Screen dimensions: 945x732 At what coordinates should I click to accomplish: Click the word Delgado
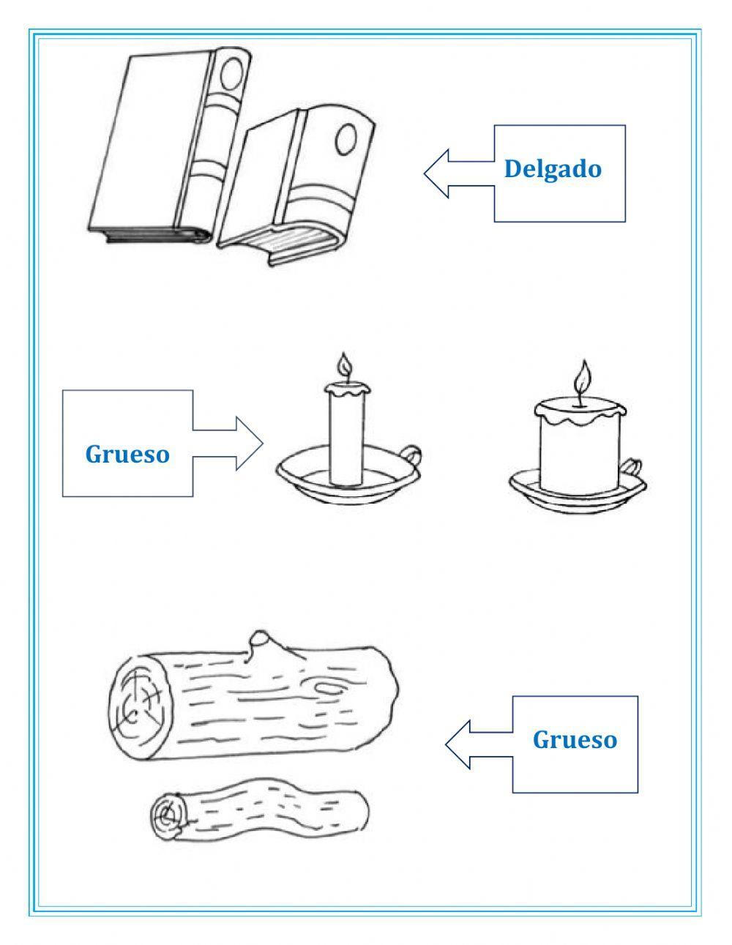point(553,169)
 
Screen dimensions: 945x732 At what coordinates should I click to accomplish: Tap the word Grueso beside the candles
point(127,454)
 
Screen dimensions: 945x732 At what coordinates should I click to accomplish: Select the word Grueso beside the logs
point(575,739)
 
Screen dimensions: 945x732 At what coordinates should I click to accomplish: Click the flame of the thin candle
point(345,365)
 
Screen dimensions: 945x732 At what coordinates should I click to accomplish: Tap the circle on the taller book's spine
point(234,73)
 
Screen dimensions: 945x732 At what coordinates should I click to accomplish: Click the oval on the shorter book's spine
point(346,138)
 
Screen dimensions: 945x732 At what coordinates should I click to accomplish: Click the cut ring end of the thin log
point(169,815)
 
